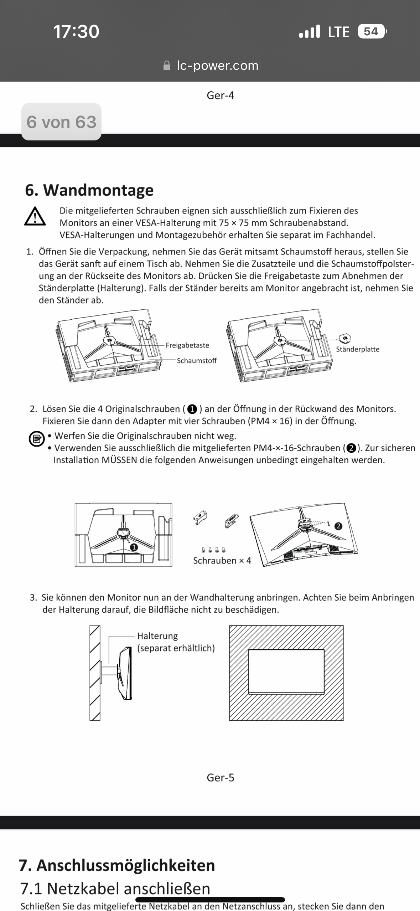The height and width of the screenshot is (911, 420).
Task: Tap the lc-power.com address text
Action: click(x=217, y=66)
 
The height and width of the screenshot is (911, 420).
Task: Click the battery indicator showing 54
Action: click(x=371, y=31)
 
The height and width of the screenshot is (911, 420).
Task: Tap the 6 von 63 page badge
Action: click(x=61, y=122)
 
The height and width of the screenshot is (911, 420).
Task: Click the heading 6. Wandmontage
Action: click(x=89, y=190)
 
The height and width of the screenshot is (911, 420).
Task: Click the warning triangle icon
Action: click(x=35, y=217)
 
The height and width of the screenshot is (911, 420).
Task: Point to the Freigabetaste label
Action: click(x=187, y=345)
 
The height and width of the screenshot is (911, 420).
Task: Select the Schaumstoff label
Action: click(x=197, y=361)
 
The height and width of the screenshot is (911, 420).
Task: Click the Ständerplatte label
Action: click(x=357, y=349)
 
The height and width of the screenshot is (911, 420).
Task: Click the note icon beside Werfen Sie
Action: click(x=36, y=439)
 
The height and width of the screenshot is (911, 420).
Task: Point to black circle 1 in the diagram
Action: click(x=134, y=547)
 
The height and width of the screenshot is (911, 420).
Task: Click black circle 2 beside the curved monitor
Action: click(x=338, y=526)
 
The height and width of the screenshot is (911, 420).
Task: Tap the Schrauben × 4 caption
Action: click(x=222, y=561)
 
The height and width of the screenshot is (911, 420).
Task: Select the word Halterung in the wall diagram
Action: click(x=157, y=636)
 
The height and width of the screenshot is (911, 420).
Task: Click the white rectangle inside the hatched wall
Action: click(x=286, y=671)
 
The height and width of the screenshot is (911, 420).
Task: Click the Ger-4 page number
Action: click(x=221, y=96)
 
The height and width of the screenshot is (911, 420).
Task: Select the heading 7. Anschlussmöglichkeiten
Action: click(x=117, y=865)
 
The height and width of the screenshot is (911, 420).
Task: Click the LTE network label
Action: click(x=338, y=32)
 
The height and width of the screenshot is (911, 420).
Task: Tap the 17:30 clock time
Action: click(x=76, y=31)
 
